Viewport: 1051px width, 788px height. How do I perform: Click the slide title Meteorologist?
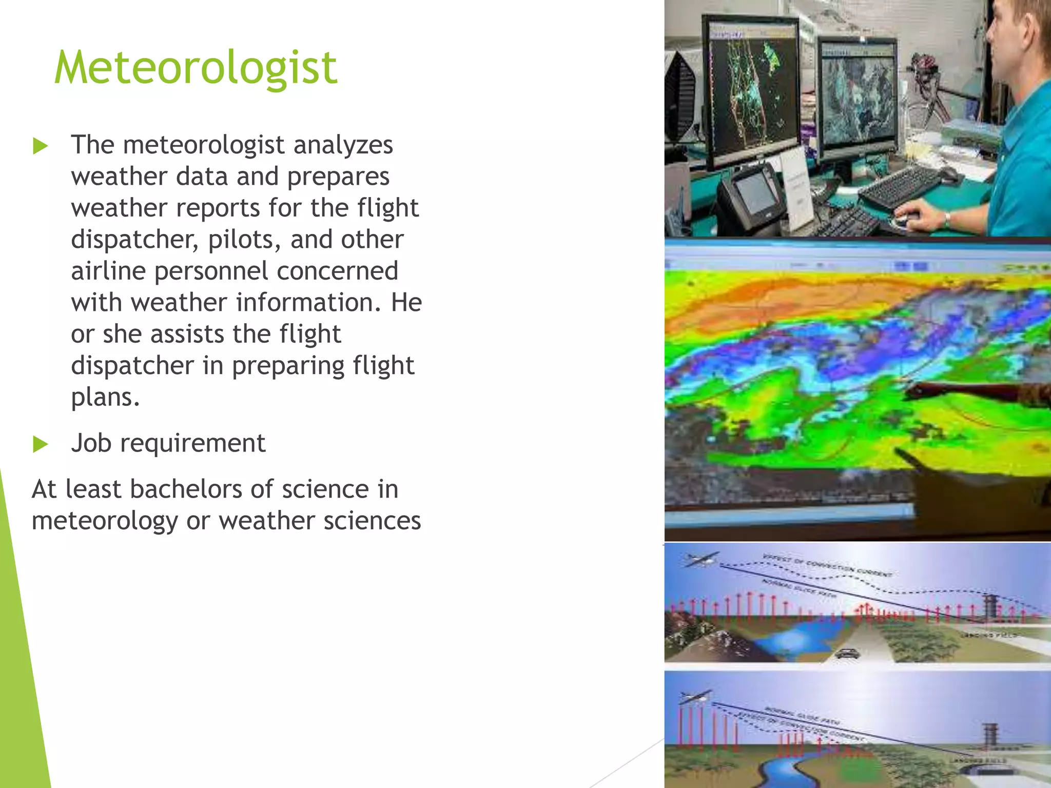pos(196,68)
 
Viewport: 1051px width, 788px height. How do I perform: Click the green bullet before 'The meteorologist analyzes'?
pos(40,146)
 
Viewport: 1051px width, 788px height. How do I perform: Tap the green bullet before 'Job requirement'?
pos(40,444)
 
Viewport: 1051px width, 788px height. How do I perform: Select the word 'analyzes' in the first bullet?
pos(343,145)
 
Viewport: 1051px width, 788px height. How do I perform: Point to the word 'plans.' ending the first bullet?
pos(105,398)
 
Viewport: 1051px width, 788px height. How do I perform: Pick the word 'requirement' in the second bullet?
pos(192,443)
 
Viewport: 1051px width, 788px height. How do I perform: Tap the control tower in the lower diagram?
pos(990,736)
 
